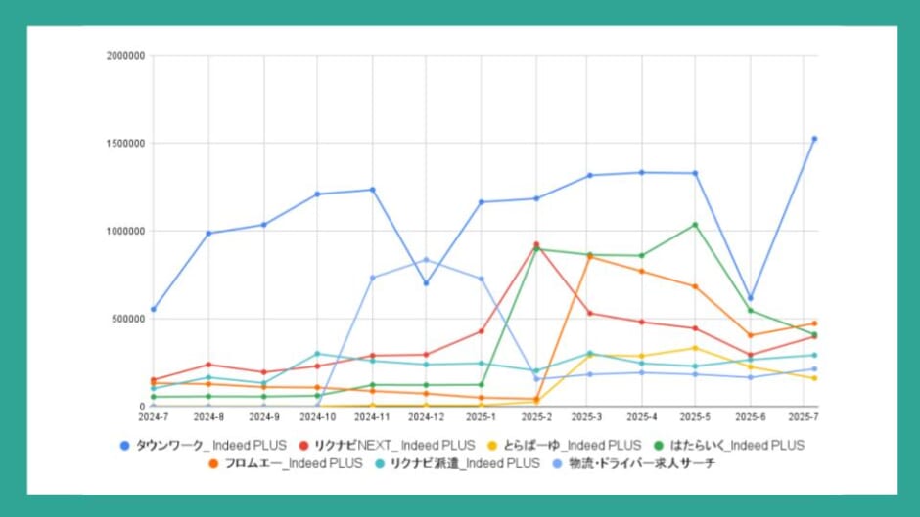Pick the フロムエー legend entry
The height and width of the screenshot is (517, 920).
[x=286, y=462]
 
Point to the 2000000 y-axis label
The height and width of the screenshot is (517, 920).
[x=125, y=56]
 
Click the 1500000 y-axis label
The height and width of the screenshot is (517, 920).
[x=125, y=144]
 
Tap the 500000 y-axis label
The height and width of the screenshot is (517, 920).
[x=128, y=319]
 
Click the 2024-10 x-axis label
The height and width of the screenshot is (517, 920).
[x=317, y=417]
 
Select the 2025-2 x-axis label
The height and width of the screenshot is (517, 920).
[x=536, y=417]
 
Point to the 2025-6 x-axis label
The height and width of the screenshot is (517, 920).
[x=750, y=417]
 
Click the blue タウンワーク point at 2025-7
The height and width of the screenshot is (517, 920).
[x=814, y=139]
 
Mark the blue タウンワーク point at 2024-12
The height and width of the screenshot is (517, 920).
[x=426, y=283]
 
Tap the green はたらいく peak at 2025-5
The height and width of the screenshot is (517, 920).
[x=695, y=225]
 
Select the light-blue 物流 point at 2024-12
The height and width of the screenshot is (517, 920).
[x=426, y=260]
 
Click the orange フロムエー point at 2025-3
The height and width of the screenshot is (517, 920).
[x=589, y=256]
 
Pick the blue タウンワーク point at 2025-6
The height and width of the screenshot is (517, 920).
[x=750, y=298]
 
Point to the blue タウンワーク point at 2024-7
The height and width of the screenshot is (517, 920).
[x=154, y=309]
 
